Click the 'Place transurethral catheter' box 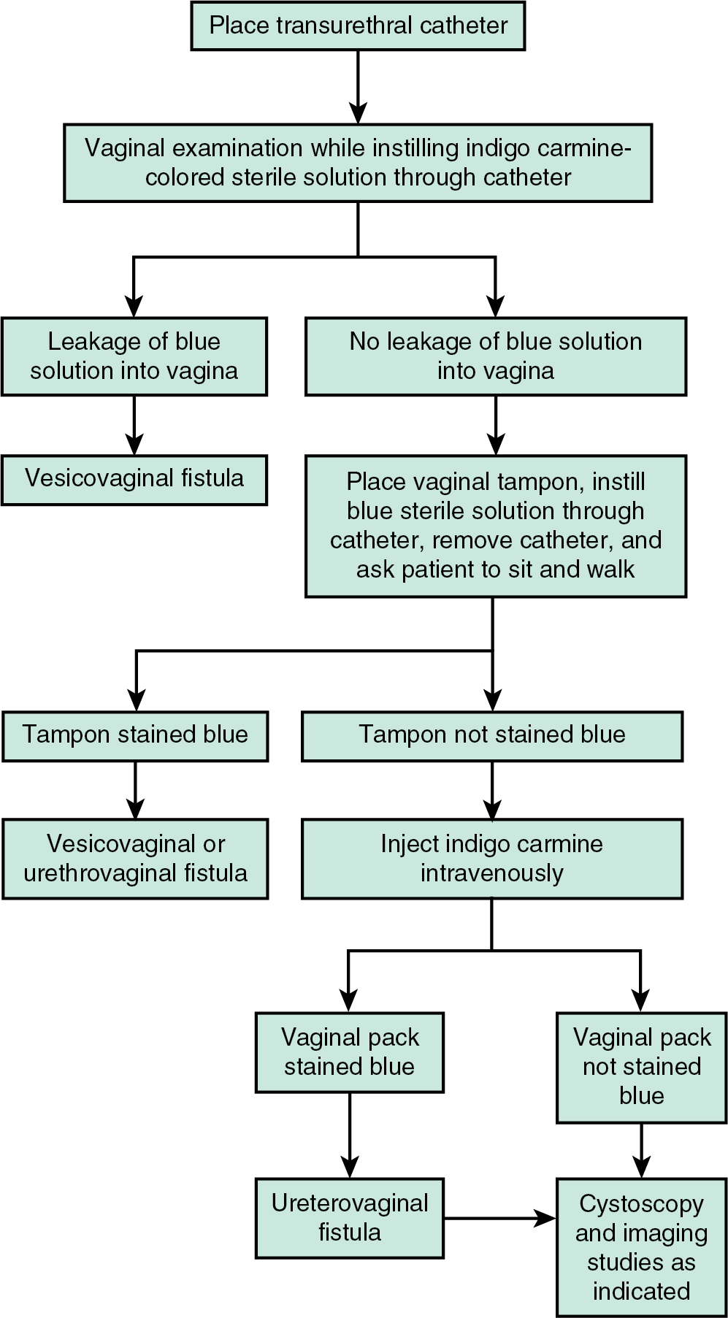click(x=358, y=26)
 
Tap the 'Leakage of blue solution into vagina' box click(x=134, y=356)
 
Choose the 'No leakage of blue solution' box click(x=495, y=356)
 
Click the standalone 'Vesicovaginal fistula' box click(x=134, y=479)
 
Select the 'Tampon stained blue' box click(x=135, y=735)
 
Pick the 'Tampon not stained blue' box click(x=492, y=735)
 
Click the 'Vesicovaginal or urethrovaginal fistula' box click(x=135, y=859)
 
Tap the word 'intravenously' click(x=492, y=873)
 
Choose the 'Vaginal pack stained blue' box click(x=350, y=1052)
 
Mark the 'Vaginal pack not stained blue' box click(x=641, y=1067)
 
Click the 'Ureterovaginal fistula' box click(x=350, y=1218)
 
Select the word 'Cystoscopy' click(x=641, y=1204)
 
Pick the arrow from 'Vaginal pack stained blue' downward click(x=350, y=1135)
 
